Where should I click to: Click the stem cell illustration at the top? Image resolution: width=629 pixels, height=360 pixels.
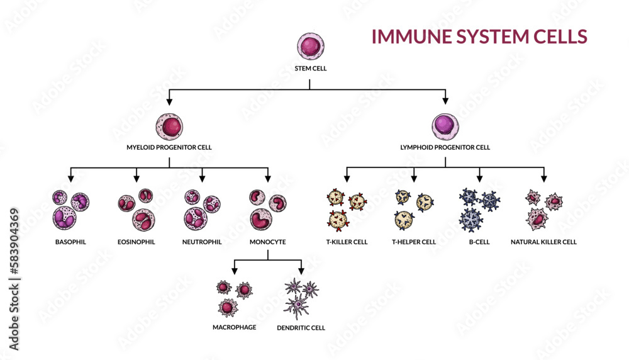(x=309, y=48)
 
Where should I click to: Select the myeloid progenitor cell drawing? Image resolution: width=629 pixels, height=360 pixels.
(x=169, y=127)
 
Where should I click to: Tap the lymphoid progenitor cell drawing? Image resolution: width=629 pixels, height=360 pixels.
(x=445, y=126)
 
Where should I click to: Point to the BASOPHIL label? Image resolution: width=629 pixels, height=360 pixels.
(x=70, y=242)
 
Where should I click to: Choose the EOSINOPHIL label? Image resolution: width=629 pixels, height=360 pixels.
(x=136, y=242)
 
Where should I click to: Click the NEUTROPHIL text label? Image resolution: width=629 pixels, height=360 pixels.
(x=202, y=242)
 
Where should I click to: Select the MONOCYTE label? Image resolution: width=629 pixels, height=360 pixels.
(x=268, y=242)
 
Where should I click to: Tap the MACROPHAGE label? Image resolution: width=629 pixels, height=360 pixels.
(x=234, y=327)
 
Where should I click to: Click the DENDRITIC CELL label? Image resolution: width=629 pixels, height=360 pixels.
(x=301, y=328)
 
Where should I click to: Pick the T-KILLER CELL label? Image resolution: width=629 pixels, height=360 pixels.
(x=347, y=242)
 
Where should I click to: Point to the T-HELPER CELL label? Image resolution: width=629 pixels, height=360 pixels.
(x=413, y=242)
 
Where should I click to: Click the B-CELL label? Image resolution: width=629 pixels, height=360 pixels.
(x=479, y=242)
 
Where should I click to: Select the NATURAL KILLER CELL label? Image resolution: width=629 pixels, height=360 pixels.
(x=543, y=242)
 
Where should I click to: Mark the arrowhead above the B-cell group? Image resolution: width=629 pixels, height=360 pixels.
(x=479, y=178)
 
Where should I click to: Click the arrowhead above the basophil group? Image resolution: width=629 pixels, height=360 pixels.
(x=70, y=178)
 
